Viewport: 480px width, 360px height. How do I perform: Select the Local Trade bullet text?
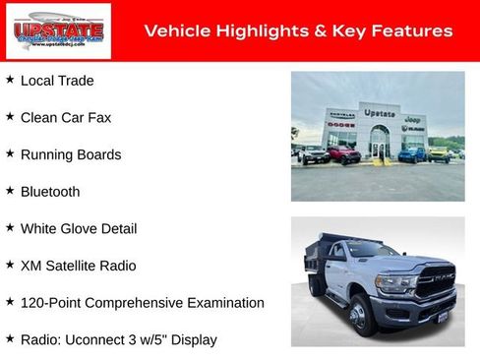coord(57,81)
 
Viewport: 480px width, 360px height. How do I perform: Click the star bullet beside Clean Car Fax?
coord(10,116)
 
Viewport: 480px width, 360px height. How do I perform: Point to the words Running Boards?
coord(71,154)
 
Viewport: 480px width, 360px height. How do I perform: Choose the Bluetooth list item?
coord(50,192)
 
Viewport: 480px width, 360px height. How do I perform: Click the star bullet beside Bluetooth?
coord(10,190)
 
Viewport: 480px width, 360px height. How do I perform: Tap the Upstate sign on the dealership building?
coord(379,113)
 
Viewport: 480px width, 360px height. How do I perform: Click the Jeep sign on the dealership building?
coord(413,118)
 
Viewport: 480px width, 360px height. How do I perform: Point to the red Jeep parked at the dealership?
coord(343,154)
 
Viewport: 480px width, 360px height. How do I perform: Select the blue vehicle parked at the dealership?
coord(412,154)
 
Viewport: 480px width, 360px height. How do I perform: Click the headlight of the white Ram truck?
coord(395,283)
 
